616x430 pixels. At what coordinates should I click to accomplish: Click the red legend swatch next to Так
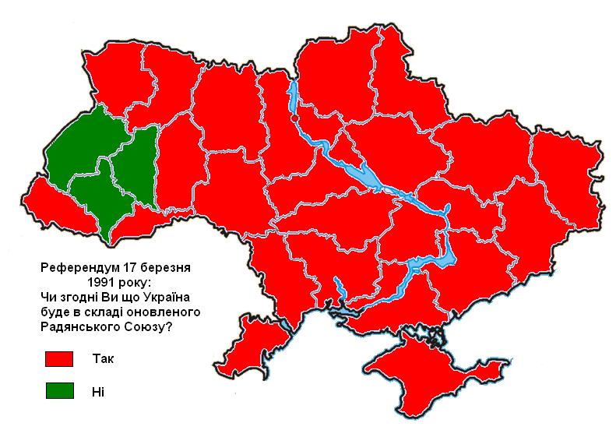coord(59,359)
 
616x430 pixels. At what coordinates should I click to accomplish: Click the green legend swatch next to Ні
coord(59,391)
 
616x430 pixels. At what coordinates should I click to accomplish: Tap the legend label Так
coord(101,359)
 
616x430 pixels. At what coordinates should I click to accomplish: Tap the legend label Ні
coord(97,391)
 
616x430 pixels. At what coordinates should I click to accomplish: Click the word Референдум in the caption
coord(76,267)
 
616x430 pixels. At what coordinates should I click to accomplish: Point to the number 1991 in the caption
coord(103,281)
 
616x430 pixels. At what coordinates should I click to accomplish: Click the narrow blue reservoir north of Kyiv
coord(294,97)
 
